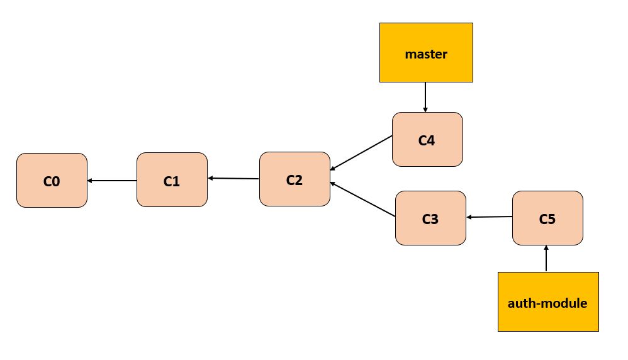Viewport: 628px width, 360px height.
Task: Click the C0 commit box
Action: coord(52,181)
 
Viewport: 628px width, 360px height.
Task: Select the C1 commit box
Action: coord(172,180)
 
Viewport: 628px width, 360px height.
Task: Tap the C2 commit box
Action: coord(294,179)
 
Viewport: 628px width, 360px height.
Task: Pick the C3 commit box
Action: coord(430,218)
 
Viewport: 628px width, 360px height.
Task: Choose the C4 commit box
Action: coord(427,140)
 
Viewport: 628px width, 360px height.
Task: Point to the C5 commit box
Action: coord(547,218)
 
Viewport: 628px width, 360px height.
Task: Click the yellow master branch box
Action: coord(426,53)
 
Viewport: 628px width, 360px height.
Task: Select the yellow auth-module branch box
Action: coord(547,301)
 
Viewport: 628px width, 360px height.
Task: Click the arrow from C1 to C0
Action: coord(112,181)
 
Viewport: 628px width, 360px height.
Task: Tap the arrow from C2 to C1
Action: coord(233,179)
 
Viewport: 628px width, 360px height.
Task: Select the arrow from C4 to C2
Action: coord(361,153)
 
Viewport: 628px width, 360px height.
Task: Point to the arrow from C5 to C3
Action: coord(490,217)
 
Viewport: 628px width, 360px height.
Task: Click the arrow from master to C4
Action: coord(425,97)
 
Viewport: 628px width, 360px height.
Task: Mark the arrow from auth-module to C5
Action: coord(546,259)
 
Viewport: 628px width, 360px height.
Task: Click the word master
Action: coord(426,54)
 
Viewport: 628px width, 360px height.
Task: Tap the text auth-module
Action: coord(547,303)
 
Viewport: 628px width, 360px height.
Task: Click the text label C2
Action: coord(294,180)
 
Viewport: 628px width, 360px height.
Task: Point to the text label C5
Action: coord(547,219)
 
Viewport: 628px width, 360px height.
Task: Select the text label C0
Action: coord(52,181)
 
